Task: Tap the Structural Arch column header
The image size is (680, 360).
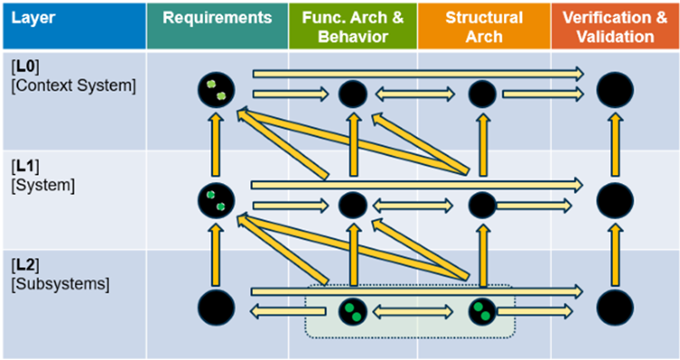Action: tap(483, 25)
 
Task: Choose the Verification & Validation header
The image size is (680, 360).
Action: tap(614, 25)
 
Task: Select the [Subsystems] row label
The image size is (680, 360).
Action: tap(60, 283)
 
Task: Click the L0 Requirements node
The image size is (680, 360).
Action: tap(217, 89)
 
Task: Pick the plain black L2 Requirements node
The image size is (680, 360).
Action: tap(216, 309)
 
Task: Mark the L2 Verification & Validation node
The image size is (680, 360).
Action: tap(615, 309)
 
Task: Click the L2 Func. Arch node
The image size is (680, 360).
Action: tap(352, 312)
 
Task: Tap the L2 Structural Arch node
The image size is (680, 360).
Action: tap(481, 312)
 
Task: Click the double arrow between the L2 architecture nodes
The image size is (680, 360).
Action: tap(416, 312)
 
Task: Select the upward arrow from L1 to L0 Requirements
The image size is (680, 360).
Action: tap(217, 144)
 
